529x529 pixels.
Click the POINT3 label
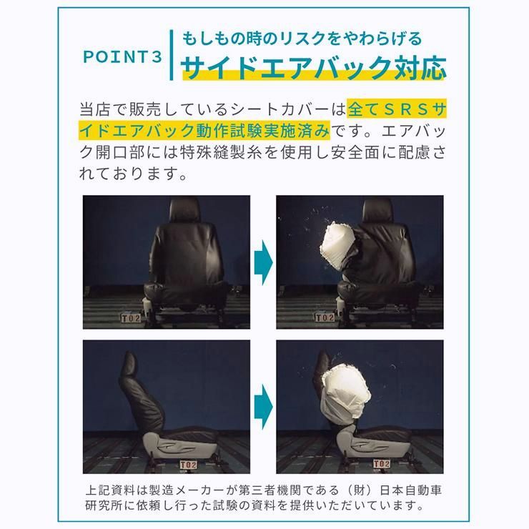click(x=123, y=57)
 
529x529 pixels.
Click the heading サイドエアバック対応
click(x=314, y=69)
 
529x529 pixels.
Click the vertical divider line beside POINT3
click(x=172, y=55)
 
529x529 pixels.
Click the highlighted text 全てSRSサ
click(x=399, y=110)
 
